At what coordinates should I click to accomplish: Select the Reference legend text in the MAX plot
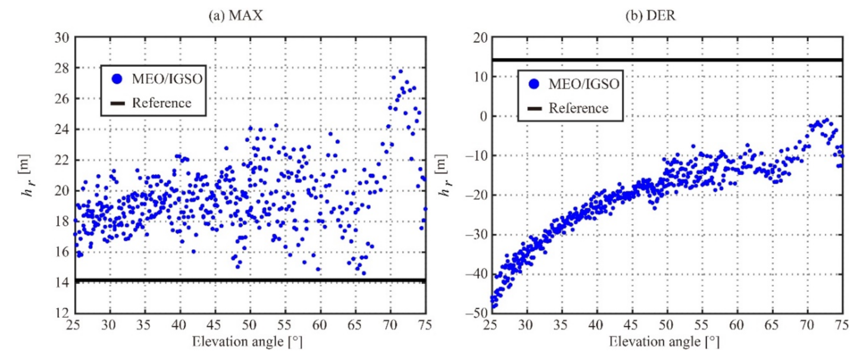coord(161,103)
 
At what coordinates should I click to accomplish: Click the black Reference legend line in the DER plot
coord(533,108)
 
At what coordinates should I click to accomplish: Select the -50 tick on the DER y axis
coord(475,313)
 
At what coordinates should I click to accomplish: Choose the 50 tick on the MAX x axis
coord(250,325)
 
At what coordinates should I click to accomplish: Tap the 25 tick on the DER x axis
coord(491,325)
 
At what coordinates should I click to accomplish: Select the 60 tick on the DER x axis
coord(737,325)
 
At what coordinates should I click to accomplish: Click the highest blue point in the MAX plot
coord(401,71)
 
